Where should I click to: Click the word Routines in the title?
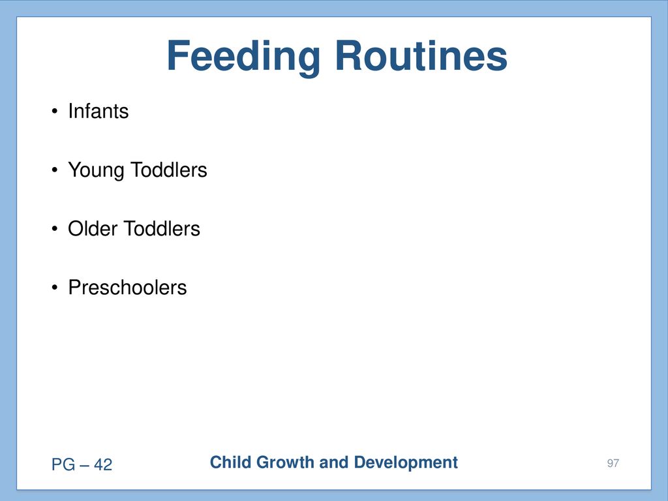point(421,55)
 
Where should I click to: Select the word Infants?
point(99,111)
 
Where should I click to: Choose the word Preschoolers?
point(127,287)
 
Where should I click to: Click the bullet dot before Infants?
point(55,112)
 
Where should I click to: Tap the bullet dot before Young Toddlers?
point(55,170)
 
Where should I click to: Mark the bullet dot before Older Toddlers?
point(55,229)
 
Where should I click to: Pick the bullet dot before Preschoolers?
point(55,288)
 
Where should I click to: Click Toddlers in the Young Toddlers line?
point(169,170)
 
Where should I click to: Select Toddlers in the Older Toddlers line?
point(162,228)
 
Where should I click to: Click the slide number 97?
point(613,463)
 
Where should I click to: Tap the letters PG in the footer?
point(63,464)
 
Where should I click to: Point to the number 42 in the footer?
point(103,464)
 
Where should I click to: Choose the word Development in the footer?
point(406,463)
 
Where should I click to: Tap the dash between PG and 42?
point(85,465)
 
